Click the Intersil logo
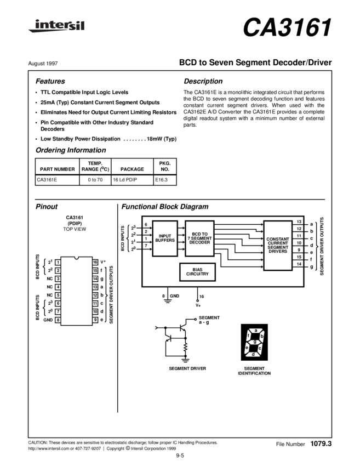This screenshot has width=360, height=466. tap(56, 26)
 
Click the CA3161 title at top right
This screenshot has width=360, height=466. tap(287, 27)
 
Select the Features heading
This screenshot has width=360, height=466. tap(50, 81)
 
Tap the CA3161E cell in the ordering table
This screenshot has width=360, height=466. tap(47, 180)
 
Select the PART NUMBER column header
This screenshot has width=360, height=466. tap(58, 169)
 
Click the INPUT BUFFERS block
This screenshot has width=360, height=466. tap(165, 238)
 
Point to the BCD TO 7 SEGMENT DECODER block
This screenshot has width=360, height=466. tap(199, 238)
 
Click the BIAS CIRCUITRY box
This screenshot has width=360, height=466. tap(197, 272)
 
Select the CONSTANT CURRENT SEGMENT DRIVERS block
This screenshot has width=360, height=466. tap(278, 246)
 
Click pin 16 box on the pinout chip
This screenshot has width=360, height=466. tap(95, 262)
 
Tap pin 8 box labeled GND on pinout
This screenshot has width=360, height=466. tap(58, 320)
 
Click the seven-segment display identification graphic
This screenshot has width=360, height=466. tap(254, 342)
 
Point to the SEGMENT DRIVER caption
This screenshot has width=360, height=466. tap(187, 368)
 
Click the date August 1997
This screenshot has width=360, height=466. tap(43, 63)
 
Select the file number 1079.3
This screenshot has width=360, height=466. tap(321, 444)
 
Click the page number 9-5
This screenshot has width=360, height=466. tap(180, 456)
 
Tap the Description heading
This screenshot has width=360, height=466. tap(203, 81)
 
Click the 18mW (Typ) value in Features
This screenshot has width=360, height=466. tap(162, 139)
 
